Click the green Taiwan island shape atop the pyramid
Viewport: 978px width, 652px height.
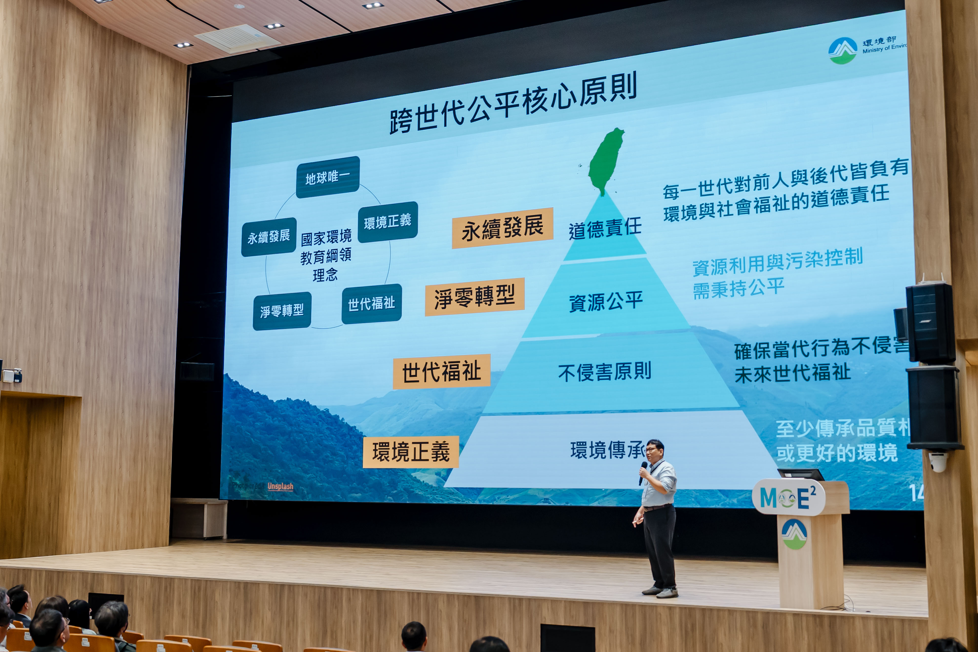coord(606,160)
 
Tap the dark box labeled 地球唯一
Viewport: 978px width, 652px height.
coord(328,177)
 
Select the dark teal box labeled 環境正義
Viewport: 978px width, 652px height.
coord(387,222)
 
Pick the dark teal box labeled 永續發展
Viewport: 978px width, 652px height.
coord(269,237)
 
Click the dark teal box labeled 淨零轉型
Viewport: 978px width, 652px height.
coord(282,311)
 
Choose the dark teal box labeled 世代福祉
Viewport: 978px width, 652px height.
coord(371,304)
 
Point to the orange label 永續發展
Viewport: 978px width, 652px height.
coord(502,228)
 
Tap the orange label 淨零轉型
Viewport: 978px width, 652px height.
coord(475,297)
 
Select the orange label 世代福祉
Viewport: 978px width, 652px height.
coord(442,371)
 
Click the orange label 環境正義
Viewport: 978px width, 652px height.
coord(411,452)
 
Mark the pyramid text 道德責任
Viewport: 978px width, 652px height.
coord(605,229)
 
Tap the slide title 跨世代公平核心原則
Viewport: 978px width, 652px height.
coord(513,104)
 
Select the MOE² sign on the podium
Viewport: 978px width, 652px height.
coord(788,497)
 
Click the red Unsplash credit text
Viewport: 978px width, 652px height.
coord(280,486)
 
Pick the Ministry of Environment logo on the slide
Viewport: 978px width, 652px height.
coord(843,51)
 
